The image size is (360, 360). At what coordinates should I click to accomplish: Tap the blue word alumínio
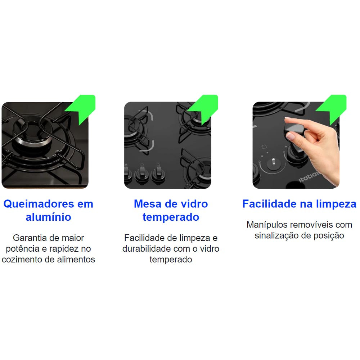(x=48, y=217)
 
